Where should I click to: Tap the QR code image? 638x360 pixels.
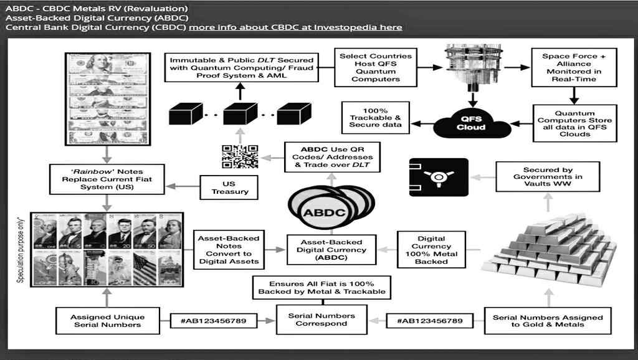click(239, 156)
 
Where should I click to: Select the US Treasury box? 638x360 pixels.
click(230, 187)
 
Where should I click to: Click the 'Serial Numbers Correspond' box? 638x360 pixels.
click(321, 320)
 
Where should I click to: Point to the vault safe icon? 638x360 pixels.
click(439, 178)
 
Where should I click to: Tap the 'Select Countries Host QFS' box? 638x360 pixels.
click(375, 67)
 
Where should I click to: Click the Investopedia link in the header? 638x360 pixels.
click(295, 27)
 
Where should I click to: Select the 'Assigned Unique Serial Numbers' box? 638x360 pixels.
click(107, 320)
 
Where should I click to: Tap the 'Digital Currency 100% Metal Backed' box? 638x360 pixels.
click(431, 249)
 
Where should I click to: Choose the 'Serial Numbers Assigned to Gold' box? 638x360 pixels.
click(548, 320)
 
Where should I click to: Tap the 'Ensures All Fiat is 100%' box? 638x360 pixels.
click(321, 287)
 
